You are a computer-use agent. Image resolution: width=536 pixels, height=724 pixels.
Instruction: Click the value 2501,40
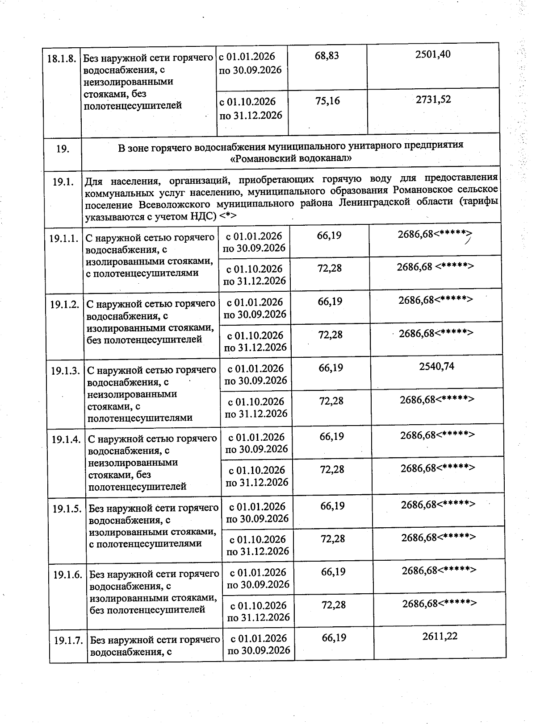click(432, 54)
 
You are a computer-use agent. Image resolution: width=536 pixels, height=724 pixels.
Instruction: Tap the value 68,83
click(327, 56)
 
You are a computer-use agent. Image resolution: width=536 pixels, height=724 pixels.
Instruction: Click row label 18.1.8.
click(62, 59)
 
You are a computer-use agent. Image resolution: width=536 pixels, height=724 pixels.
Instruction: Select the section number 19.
click(63, 149)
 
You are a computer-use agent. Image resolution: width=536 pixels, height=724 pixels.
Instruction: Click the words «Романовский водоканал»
click(290, 158)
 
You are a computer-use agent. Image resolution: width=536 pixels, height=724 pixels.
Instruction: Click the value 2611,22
click(440, 637)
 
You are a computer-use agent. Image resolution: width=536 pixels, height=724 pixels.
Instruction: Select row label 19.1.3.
click(65, 371)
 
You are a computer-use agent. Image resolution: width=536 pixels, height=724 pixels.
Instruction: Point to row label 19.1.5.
click(67, 509)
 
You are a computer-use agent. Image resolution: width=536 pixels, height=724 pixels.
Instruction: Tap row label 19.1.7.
click(68, 641)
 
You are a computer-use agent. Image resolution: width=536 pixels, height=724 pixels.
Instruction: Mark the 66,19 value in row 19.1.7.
click(334, 638)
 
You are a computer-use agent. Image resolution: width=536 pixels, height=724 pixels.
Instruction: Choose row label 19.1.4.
click(66, 439)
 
